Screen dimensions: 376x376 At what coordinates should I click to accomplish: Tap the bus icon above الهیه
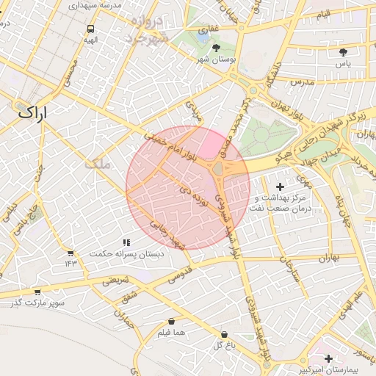(x=90, y=29)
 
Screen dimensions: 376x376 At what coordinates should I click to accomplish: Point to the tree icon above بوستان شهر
(x=216, y=48)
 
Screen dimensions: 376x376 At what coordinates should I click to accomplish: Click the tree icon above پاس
(x=343, y=51)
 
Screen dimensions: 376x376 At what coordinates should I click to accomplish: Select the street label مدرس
(x=300, y=83)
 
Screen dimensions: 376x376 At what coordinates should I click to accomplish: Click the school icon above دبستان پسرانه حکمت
(x=126, y=242)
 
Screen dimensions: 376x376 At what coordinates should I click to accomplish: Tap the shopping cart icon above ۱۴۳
(x=70, y=253)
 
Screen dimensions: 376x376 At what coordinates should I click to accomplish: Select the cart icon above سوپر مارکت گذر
(x=37, y=292)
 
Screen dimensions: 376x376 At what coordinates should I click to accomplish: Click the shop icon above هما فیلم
(x=171, y=321)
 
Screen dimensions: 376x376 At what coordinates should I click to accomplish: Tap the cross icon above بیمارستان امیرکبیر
(x=328, y=358)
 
